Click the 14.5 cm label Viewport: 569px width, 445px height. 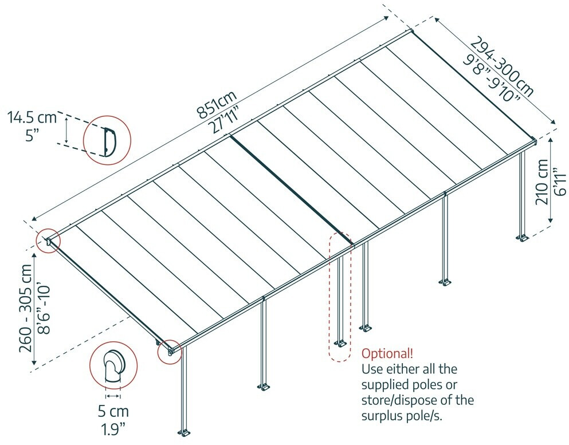[x=32, y=118]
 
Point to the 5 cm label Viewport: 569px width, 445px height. [x=113, y=411]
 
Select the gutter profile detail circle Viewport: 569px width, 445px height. [x=107, y=140]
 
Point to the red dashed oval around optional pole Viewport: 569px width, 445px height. [x=339, y=297]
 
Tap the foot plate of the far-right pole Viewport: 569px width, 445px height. [x=523, y=237]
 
